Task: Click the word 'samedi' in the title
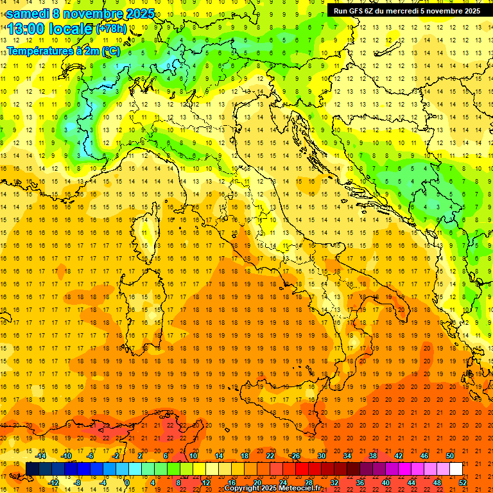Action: click(x=26, y=14)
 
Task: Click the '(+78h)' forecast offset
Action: click(x=112, y=29)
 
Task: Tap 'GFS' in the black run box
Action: click(x=355, y=11)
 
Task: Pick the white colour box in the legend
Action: click(x=456, y=469)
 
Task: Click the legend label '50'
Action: click(x=450, y=456)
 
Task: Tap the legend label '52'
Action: click(x=463, y=482)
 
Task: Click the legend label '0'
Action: click(x=127, y=482)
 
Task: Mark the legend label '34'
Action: click(x=347, y=456)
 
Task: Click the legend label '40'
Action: click(x=385, y=482)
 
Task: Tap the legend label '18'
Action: click(x=244, y=456)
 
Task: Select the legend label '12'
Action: click(x=206, y=482)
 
